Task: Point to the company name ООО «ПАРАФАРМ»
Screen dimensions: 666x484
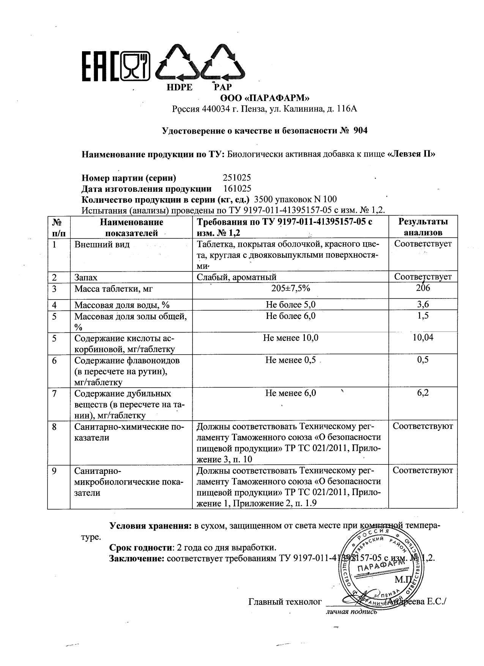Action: (x=265, y=98)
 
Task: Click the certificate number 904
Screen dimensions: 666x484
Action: (x=360, y=131)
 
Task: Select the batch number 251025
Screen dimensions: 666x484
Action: (x=236, y=178)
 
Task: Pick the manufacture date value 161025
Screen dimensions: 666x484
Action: (x=237, y=189)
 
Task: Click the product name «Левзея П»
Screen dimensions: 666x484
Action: (x=411, y=155)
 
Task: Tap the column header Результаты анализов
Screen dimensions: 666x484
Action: (x=423, y=227)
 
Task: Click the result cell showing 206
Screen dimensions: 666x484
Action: (x=423, y=288)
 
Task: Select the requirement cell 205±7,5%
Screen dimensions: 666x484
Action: (x=290, y=289)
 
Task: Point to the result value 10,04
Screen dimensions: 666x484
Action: (x=423, y=338)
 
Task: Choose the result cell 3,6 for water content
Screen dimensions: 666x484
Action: (x=423, y=305)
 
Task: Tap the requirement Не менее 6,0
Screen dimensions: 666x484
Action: (x=290, y=393)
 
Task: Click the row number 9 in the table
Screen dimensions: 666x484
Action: (x=54, y=471)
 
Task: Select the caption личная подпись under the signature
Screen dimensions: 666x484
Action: (x=351, y=612)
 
